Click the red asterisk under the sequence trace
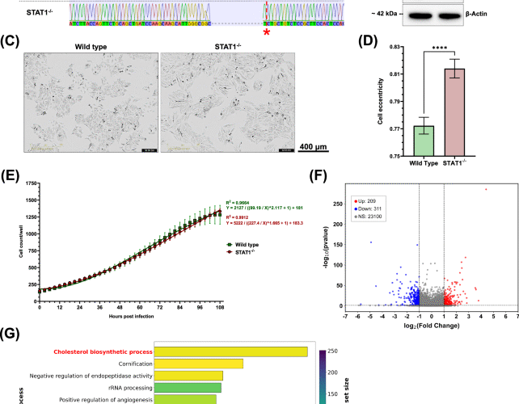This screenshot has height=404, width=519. tap(268, 32)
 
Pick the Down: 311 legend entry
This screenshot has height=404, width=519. tap(368, 206)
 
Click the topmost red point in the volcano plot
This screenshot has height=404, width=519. tap(486, 190)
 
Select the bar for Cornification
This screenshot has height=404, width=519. tap(198, 364)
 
